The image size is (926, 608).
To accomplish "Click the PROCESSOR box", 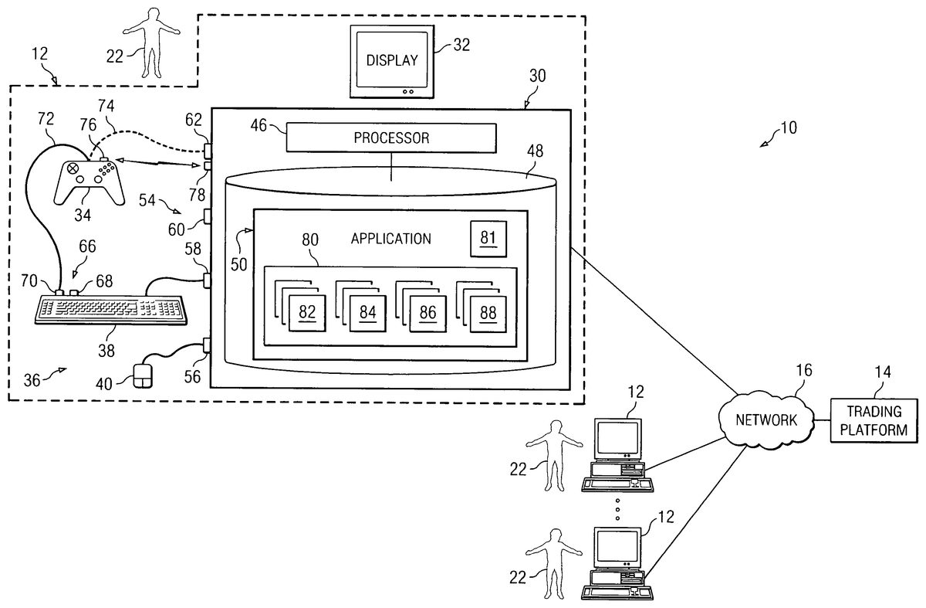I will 390,138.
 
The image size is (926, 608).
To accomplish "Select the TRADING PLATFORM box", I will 874,421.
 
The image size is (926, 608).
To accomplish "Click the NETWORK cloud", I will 764,420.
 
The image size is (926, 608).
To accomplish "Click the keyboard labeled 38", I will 112,309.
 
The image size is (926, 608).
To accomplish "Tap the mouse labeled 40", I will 143,376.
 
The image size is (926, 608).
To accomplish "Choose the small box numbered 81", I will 488,238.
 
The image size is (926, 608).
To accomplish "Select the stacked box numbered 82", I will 307,312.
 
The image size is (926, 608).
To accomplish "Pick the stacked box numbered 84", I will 367,312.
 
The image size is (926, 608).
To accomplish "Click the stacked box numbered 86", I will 428,312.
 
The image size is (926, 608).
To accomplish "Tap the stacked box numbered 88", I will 488,312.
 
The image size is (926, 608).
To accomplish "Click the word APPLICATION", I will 390,239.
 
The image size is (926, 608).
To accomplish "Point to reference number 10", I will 788,128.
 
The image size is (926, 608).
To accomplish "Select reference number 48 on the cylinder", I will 533,152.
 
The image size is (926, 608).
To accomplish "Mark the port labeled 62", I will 207,149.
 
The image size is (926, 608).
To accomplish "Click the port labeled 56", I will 207,345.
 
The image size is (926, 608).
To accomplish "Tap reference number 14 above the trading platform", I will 882,372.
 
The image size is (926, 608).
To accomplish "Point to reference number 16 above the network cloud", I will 803,370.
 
